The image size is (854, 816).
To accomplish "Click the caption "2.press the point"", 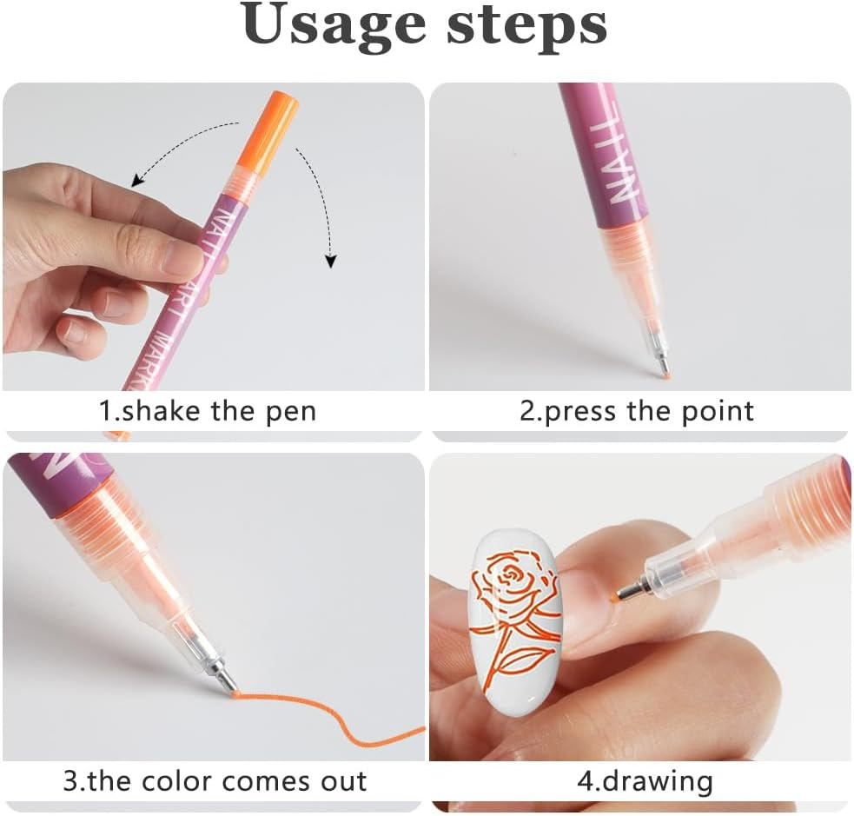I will [637, 410].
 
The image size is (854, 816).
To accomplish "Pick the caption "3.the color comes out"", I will [215, 780].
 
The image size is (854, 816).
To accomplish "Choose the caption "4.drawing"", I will [645, 780].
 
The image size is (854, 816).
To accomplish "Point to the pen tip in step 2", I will [664, 372].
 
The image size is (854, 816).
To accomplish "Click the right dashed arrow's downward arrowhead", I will [330, 261].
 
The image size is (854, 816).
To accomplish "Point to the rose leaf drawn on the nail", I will [520, 664].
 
